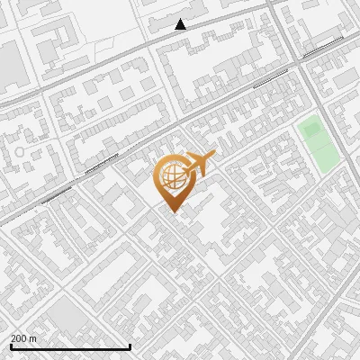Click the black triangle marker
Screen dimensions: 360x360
coord(181,24)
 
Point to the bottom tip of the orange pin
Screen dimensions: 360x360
coord(172,211)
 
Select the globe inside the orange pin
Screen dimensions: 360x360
coord(171,175)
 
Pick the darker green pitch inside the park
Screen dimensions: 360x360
coord(312,130)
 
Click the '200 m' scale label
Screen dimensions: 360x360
coord(24,338)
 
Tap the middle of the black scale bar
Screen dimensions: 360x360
coord(70,346)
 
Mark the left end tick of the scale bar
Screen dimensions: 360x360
coord(11,346)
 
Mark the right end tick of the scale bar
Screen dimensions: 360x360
coord(130,346)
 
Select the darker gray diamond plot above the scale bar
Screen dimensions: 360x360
coord(65,315)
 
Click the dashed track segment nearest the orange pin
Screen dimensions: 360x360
coord(101,163)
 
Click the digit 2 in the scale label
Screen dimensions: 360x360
coord(13,338)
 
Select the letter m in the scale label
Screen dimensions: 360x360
coord(33,338)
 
